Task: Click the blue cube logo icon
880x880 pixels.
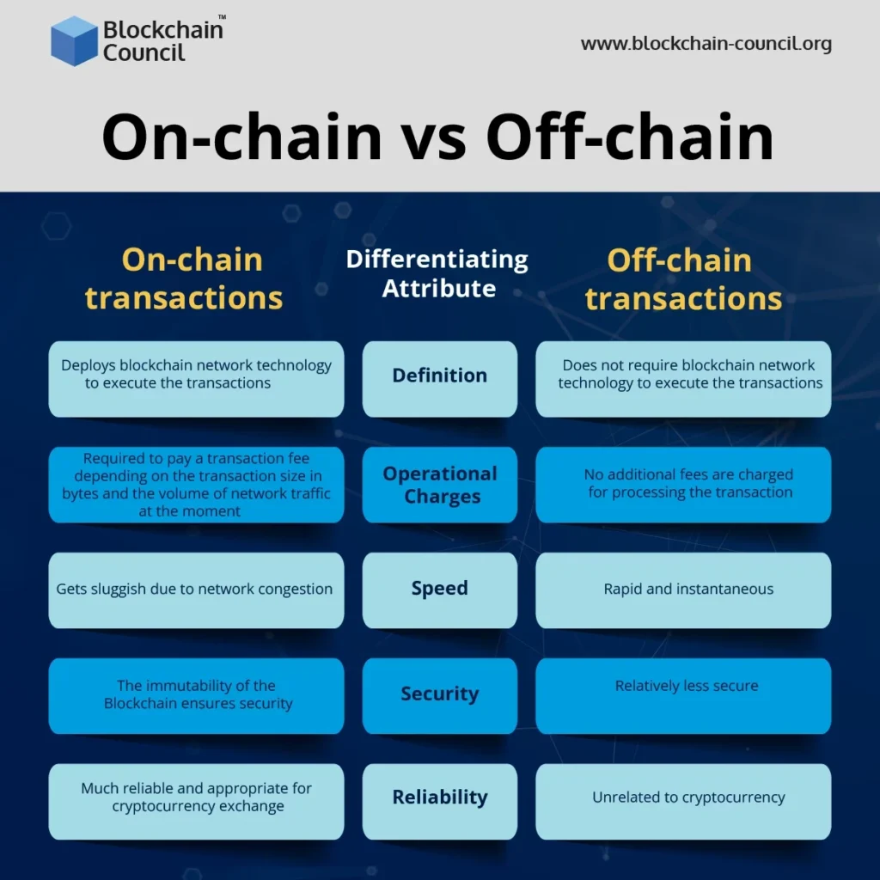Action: pyautogui.click(x=74, y=40)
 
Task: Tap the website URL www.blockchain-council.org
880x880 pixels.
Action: pyautogui.click(x=706, y=44)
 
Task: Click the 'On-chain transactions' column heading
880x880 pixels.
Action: pyautogui.click(x=184, y=278)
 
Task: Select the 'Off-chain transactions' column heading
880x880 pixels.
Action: pyautogui.click(x=683, y=278)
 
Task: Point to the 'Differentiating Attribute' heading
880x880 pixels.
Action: pyautogui.click(x=437, y=273)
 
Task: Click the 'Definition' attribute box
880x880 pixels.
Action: pyautogui.click(x=440, y=378)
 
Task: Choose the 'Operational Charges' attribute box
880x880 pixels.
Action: pyautogui.click(x=440, y=485)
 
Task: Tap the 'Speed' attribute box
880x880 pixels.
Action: pyautogui.click(x=440, y=590)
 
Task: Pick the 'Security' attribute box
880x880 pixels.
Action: pyautogui.click(x=440, y=695)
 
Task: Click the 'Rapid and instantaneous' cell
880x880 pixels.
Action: pyautogui.click(x=683, y=590)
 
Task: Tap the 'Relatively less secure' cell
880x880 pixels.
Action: pyautogui.click(x=683, y=695)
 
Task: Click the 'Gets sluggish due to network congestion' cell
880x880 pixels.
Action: pyautogui.click(x=196, y=590)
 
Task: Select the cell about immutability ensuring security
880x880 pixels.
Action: pyautogui.click(x=196, y=695)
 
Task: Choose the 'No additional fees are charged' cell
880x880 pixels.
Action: pyautogui.click(x=683, y=485)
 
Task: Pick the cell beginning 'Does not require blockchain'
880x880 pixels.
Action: pyautogui.click(x=683, y=378)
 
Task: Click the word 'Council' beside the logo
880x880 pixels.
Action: pyautogui.click(x=144, y=53)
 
